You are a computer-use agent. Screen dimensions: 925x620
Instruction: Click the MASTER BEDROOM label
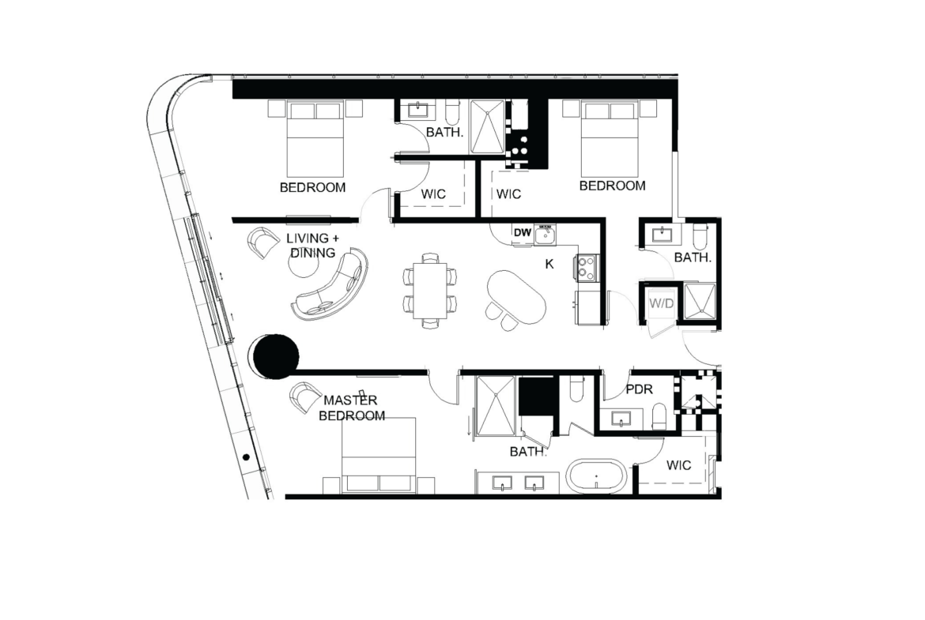click(x=352, y=408)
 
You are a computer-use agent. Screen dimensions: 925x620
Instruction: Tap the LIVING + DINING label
click(x=312, y=245)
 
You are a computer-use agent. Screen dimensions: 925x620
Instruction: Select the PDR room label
click(x=639, y=389)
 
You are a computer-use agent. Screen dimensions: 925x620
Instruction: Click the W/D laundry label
click(x=661, y=303)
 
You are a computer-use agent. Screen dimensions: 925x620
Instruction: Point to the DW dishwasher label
click(x=523, y=232)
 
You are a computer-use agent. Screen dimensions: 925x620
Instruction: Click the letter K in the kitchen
click(x=549, y=264)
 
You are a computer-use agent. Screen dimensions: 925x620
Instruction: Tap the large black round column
click(x=275, y=356)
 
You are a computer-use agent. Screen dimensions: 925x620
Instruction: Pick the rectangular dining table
click(x=431, y=291)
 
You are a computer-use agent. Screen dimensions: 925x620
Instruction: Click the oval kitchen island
click(x=516, y=296)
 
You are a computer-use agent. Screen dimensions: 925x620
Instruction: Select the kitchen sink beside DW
click(x=545, y=235)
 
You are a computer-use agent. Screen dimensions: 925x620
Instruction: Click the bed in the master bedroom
click(x=379, y=456)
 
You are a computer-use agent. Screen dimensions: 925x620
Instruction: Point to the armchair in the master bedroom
click(x=306, y=396)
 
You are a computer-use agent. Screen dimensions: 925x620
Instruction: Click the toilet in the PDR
click(x=661, y=415)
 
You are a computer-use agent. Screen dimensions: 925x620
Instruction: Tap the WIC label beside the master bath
click(x=678, y=465)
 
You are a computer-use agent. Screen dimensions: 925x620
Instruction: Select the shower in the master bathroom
click(x=496, y=405)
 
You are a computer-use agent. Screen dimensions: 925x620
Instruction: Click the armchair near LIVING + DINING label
click(x=263, y=242)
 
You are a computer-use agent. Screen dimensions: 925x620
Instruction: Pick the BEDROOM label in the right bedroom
click(x=613, y=186)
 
